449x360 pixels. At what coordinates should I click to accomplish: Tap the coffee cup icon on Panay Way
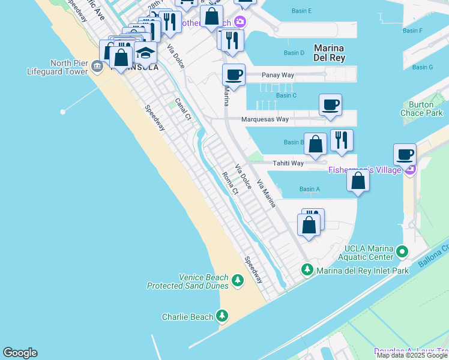pos(234,75)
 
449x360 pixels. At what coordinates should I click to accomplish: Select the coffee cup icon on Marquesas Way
pos(330,105)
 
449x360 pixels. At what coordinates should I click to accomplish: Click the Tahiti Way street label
pos(288,163)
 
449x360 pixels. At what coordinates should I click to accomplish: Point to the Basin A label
pos(309,190)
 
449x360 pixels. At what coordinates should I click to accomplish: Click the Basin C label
pos(286,95)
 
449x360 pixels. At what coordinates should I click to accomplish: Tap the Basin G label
pos(423,67)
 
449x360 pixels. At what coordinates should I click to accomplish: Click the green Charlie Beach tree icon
pos(222,316)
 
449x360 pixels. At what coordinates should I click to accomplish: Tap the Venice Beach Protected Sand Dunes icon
pos(238,280)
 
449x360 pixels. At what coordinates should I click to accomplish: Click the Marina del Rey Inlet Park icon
pos(307,270)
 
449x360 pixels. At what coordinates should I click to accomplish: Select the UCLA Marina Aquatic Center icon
pos(402,251)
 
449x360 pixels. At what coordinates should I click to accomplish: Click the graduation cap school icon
pos(145,53)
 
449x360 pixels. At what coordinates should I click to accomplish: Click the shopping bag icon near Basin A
pos(358,181)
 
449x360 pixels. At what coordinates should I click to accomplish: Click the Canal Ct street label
pos(182,109)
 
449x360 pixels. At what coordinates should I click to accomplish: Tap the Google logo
pos(20,353)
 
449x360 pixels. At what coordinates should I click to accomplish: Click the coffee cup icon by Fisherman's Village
pos(405,154)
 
